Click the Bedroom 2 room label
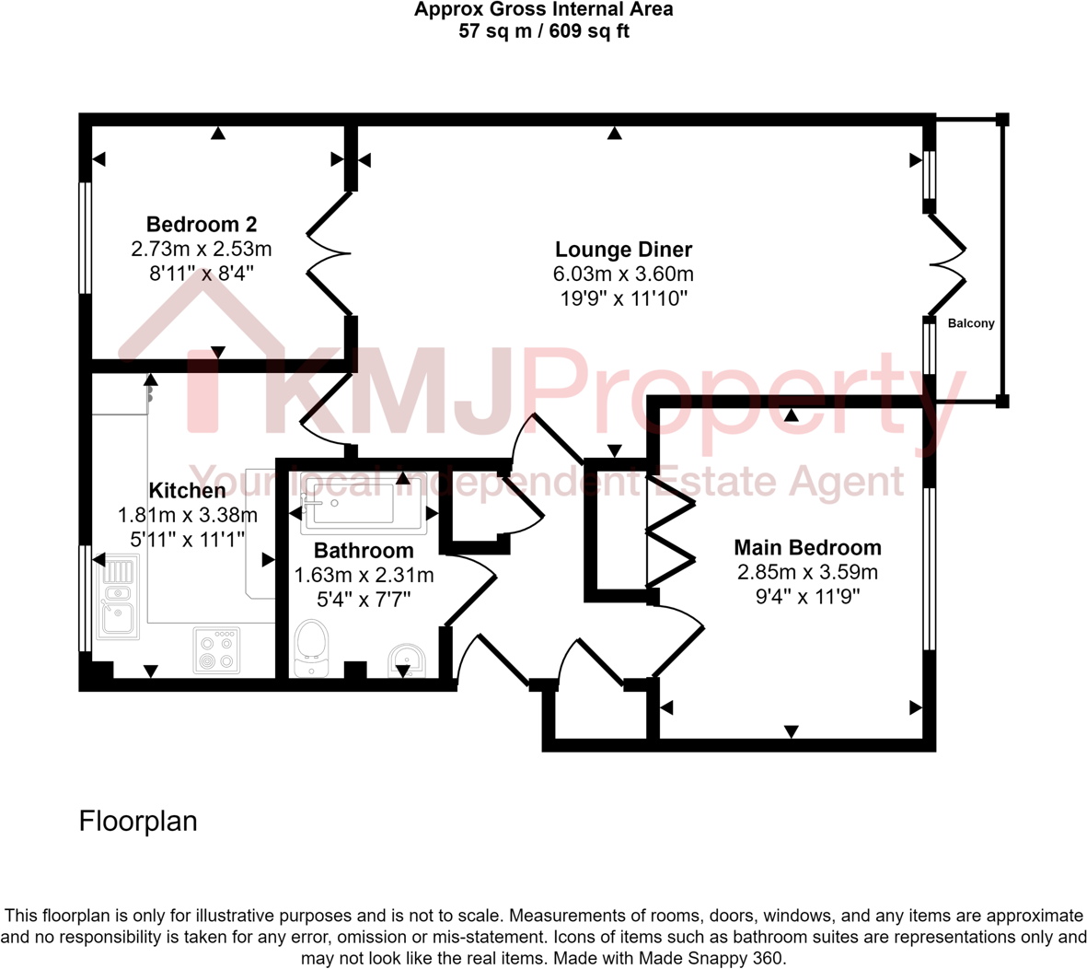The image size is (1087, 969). click(202, 224)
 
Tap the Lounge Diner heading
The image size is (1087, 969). click(623, 249)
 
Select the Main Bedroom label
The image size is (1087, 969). click(807, 547)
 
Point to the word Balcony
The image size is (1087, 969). click(971, 323)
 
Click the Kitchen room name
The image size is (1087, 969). click(187, 490)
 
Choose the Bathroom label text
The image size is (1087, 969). click(364, 550)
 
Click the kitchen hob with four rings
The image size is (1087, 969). click(216, 650)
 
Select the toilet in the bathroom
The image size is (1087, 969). click(311, 647)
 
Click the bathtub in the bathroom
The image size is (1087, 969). click(364, 504)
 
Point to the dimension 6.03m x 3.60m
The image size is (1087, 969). click(623, 274)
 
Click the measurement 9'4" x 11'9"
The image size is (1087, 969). click(807, 597)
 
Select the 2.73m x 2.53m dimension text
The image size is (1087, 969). click(202, 249)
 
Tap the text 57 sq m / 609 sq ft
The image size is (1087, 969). click(543, 31)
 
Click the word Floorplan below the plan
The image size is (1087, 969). click(138, 821)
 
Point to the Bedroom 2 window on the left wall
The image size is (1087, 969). click(86, 238)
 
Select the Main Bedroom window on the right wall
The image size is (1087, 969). click(929, 568)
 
